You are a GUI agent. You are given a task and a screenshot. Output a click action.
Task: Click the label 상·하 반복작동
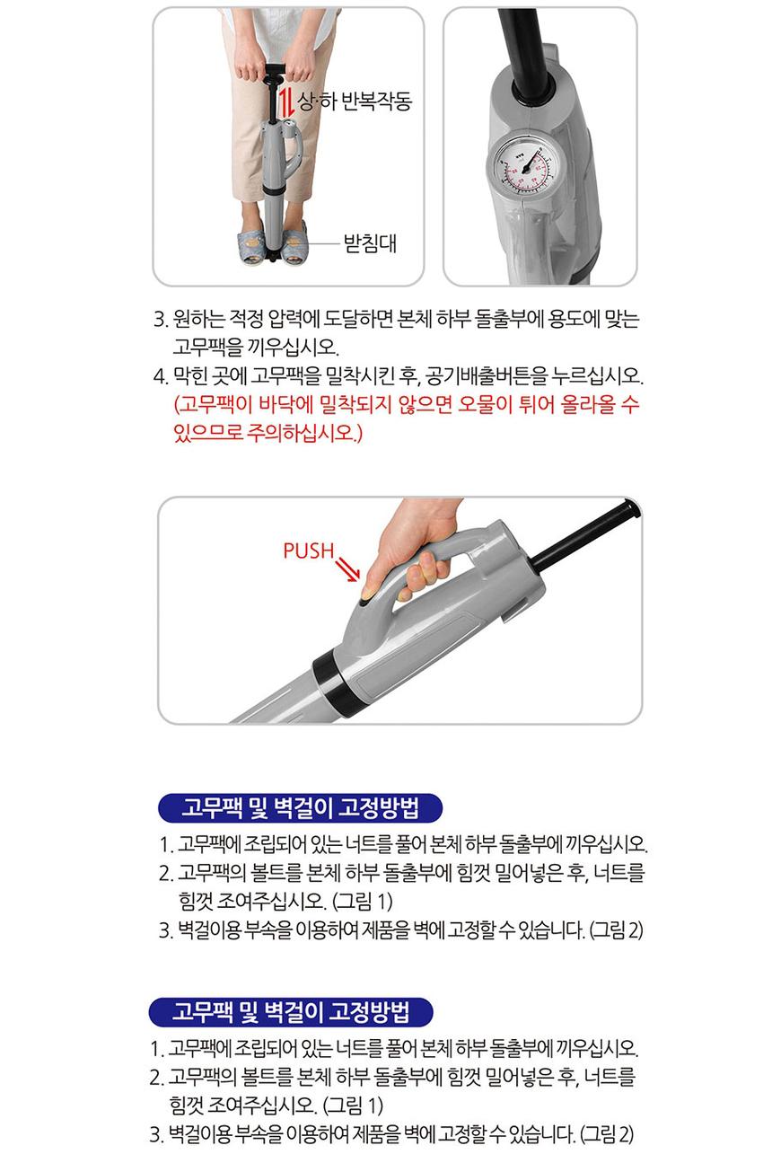click(355, 101)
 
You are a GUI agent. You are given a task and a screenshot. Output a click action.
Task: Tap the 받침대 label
click(371, 243)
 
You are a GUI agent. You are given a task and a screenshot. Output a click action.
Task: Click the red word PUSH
click(309, 551)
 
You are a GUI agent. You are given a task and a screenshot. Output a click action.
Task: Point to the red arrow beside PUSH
click(347, 569)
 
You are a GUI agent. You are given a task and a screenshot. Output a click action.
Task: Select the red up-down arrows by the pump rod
click(287, 102)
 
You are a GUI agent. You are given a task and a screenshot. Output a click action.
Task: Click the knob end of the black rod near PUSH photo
click(631, 507)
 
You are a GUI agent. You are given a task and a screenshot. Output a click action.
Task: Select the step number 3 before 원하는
click(161, 320)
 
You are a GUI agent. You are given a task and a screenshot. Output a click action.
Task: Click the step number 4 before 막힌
click(161, 376)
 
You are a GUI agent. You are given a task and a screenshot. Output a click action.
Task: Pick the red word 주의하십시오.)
click(304, 433)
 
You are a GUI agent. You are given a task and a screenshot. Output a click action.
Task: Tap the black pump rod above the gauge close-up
click(522, 51)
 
